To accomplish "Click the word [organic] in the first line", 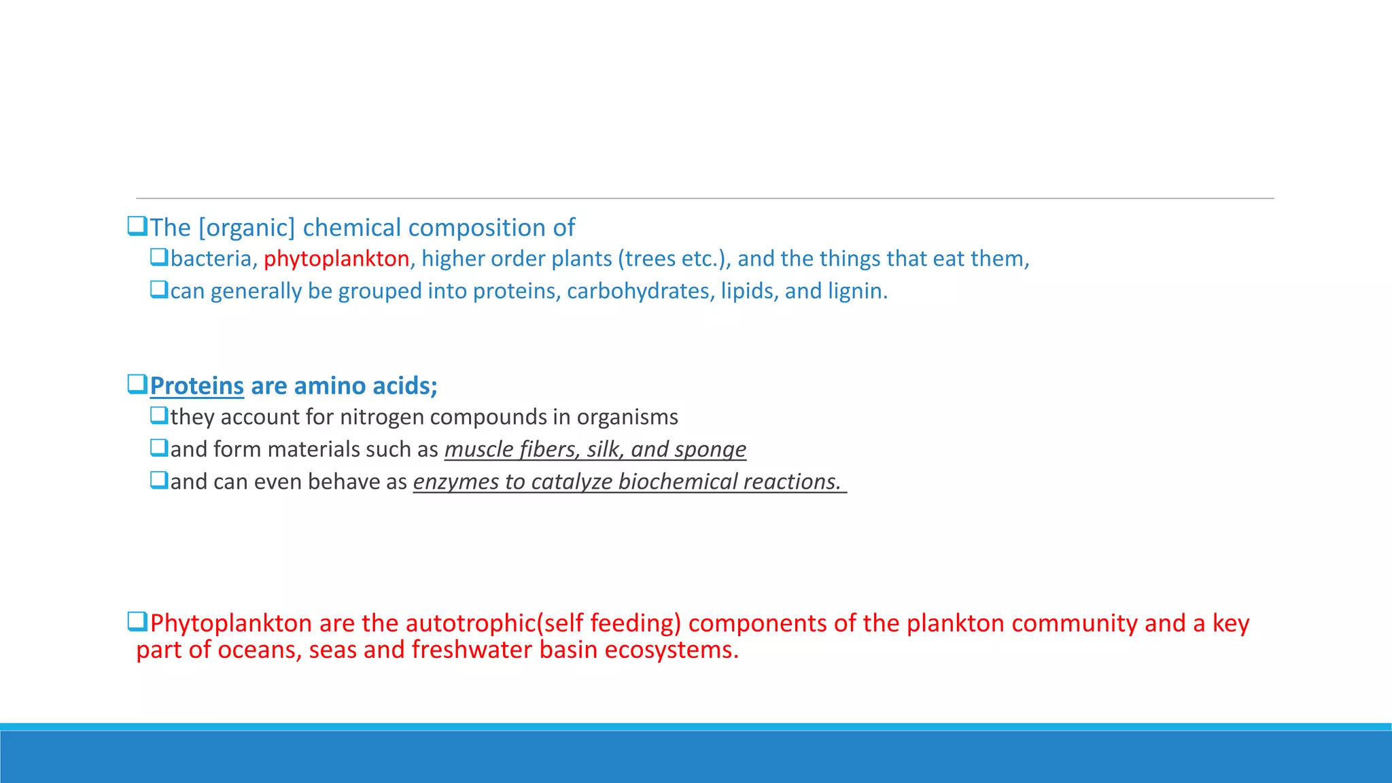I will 247,228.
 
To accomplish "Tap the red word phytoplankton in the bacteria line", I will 336,259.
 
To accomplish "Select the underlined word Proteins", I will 196,386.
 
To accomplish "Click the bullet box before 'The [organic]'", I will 137,226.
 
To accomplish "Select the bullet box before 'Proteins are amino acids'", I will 137,384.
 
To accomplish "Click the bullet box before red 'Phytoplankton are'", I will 137,621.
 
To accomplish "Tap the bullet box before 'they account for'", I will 159,415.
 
